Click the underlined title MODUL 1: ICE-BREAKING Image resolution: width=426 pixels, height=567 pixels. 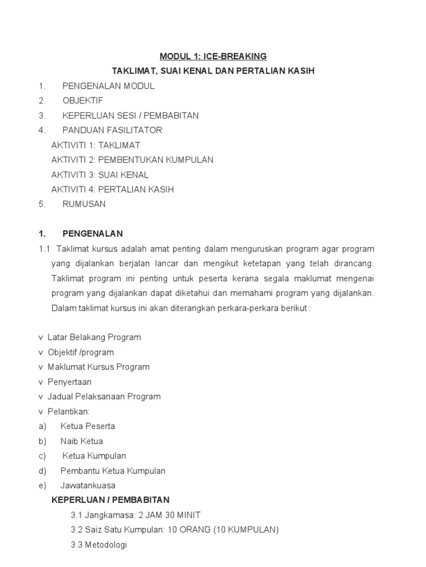coord(213,56)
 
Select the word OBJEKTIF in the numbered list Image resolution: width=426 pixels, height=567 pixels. coord(83,101)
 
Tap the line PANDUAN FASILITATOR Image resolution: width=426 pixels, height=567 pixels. coord(112,130)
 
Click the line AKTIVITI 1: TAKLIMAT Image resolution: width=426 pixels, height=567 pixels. coord(95,145)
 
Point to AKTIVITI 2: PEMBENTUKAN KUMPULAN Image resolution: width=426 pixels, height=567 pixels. coord(132,160)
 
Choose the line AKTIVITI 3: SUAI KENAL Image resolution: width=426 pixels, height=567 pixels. coord(100,174)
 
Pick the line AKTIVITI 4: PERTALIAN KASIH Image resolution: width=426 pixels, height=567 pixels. coord(112,189)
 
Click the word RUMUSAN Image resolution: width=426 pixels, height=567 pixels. coord(84,204)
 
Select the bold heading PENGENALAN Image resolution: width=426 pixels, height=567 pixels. coord(93,234)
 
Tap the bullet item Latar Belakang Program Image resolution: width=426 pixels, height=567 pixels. coord(94,337)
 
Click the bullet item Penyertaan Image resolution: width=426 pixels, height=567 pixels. coord(69,382)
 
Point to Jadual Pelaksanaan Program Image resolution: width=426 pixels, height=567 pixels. coord(104,396)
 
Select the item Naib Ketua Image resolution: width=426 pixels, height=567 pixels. coord(82,441)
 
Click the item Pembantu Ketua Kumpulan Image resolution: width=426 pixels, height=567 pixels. coord(113,471)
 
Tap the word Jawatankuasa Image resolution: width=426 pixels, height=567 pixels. coord(88,486)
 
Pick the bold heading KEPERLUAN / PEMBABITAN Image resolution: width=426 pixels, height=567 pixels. coord(110,500)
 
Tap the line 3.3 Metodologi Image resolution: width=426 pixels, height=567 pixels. coord(99,545)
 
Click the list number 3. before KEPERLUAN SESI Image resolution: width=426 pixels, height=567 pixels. coord(42,116)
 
